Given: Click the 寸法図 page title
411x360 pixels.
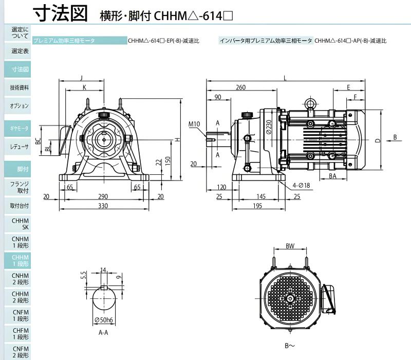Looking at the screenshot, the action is point(60,13).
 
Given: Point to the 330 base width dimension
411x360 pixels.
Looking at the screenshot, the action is point(103,206).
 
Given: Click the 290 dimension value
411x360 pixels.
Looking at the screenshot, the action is point(103,196).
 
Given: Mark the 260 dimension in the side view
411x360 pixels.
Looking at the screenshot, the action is point(240,87).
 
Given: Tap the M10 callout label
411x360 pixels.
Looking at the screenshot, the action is point(194,124).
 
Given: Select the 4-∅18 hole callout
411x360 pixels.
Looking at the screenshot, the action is point(302,186).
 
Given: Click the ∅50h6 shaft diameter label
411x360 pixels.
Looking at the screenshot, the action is point(104,320).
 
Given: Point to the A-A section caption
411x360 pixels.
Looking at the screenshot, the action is point(103,333).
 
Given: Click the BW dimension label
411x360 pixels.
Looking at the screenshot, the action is point(290,246).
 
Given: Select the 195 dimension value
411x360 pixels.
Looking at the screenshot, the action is point(257,206).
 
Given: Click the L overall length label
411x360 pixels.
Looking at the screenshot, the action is point(285,78).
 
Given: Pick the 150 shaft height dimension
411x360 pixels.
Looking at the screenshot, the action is point(168,160).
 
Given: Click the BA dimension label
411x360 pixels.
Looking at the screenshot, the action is point(332,176).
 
